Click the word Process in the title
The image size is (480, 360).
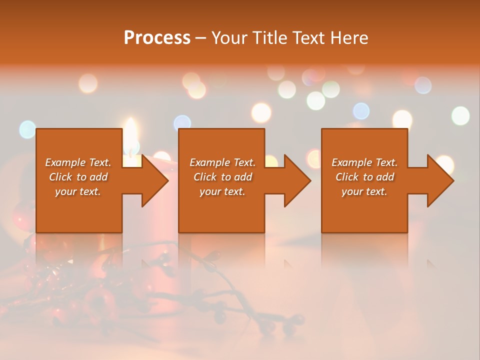pos(157,38)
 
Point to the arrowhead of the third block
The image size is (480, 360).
pos(439,180)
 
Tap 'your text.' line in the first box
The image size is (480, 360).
pos(78,191)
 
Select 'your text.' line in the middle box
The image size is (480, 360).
pos(222,191)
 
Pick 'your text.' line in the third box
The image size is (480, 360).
pos(364,191)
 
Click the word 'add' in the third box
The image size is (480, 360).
pos(385,177)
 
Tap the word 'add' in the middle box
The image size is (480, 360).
pos(243,177)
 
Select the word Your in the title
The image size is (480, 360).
pos(228,38)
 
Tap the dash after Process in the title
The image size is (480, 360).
pos(201,38)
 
